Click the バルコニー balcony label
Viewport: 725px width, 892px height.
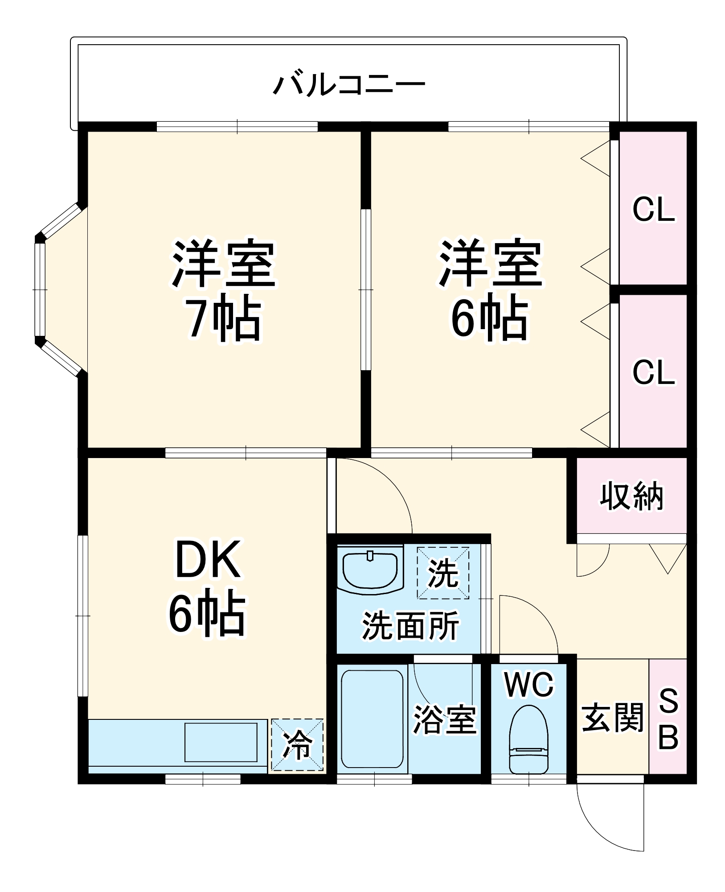point(349,85)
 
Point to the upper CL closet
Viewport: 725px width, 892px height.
point(653,208)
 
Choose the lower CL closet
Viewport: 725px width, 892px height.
point(653,372)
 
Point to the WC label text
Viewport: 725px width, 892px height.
point(529,685)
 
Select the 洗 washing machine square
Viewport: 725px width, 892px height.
point(443,573)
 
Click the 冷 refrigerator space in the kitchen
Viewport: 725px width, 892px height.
point(297,744)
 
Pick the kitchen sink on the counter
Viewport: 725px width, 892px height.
point(221,742)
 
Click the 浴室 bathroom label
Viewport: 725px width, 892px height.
point(445,720)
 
